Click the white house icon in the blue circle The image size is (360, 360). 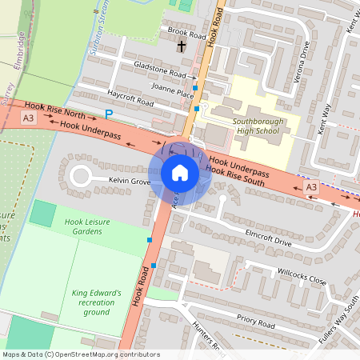(x=180, y=173)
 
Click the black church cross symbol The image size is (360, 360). (x=182, y=47)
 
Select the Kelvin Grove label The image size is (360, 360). (x=130, y=182)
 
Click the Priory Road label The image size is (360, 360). (x=255, y=322)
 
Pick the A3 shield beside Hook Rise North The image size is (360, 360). (x=29, y=118)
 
